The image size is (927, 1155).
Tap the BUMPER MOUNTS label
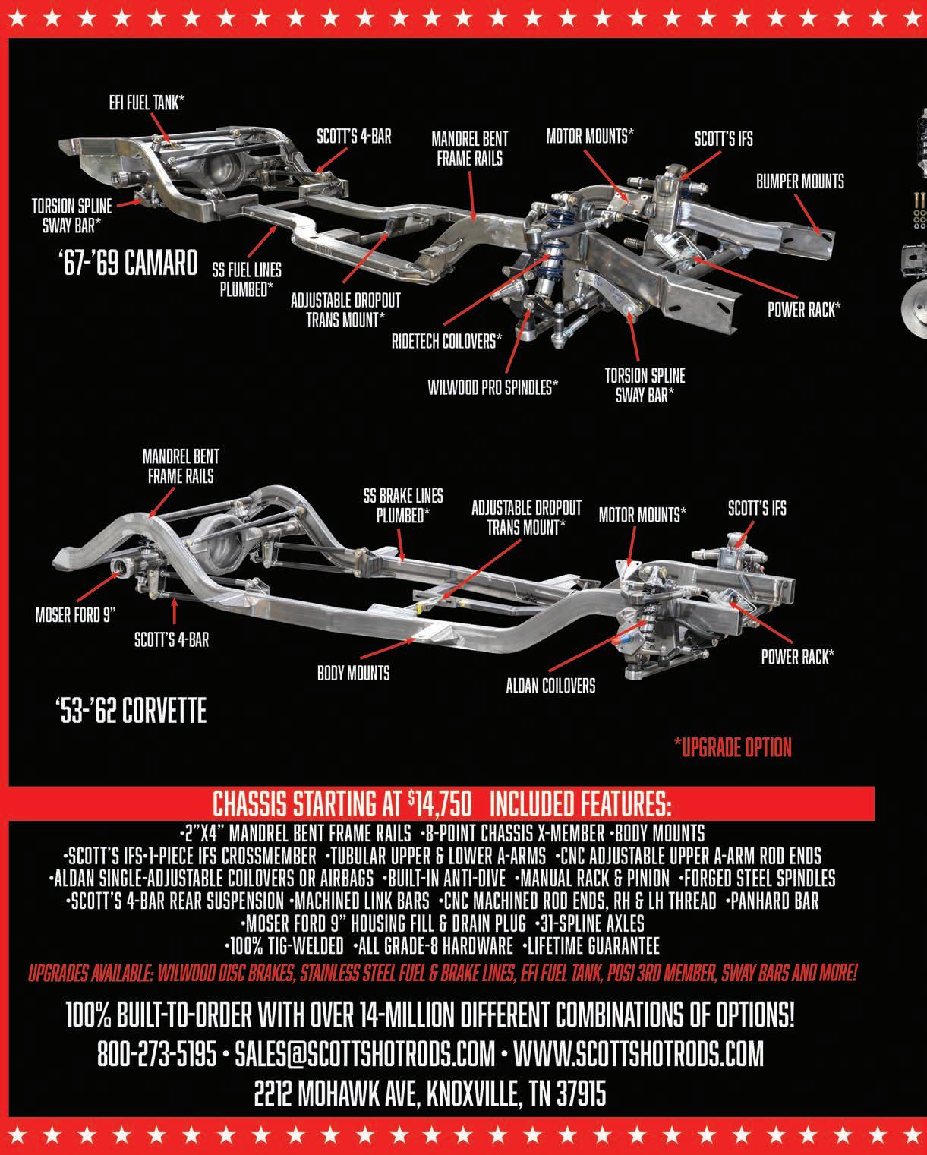point(800,181)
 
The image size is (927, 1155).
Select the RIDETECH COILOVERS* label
point(446,341)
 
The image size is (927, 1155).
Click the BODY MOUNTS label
point(353,673)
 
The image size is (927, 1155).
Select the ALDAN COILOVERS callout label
point(550,686)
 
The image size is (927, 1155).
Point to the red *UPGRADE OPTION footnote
point(733,748)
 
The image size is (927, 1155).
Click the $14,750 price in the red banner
point(440,803)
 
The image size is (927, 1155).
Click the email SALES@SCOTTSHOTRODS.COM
point(365,1054)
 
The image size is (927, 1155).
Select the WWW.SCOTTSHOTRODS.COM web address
point(638,1054)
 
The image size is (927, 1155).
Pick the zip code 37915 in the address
point(581,1094)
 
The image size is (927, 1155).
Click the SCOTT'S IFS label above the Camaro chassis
point(702,140)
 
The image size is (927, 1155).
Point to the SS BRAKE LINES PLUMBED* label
point(402,506)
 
